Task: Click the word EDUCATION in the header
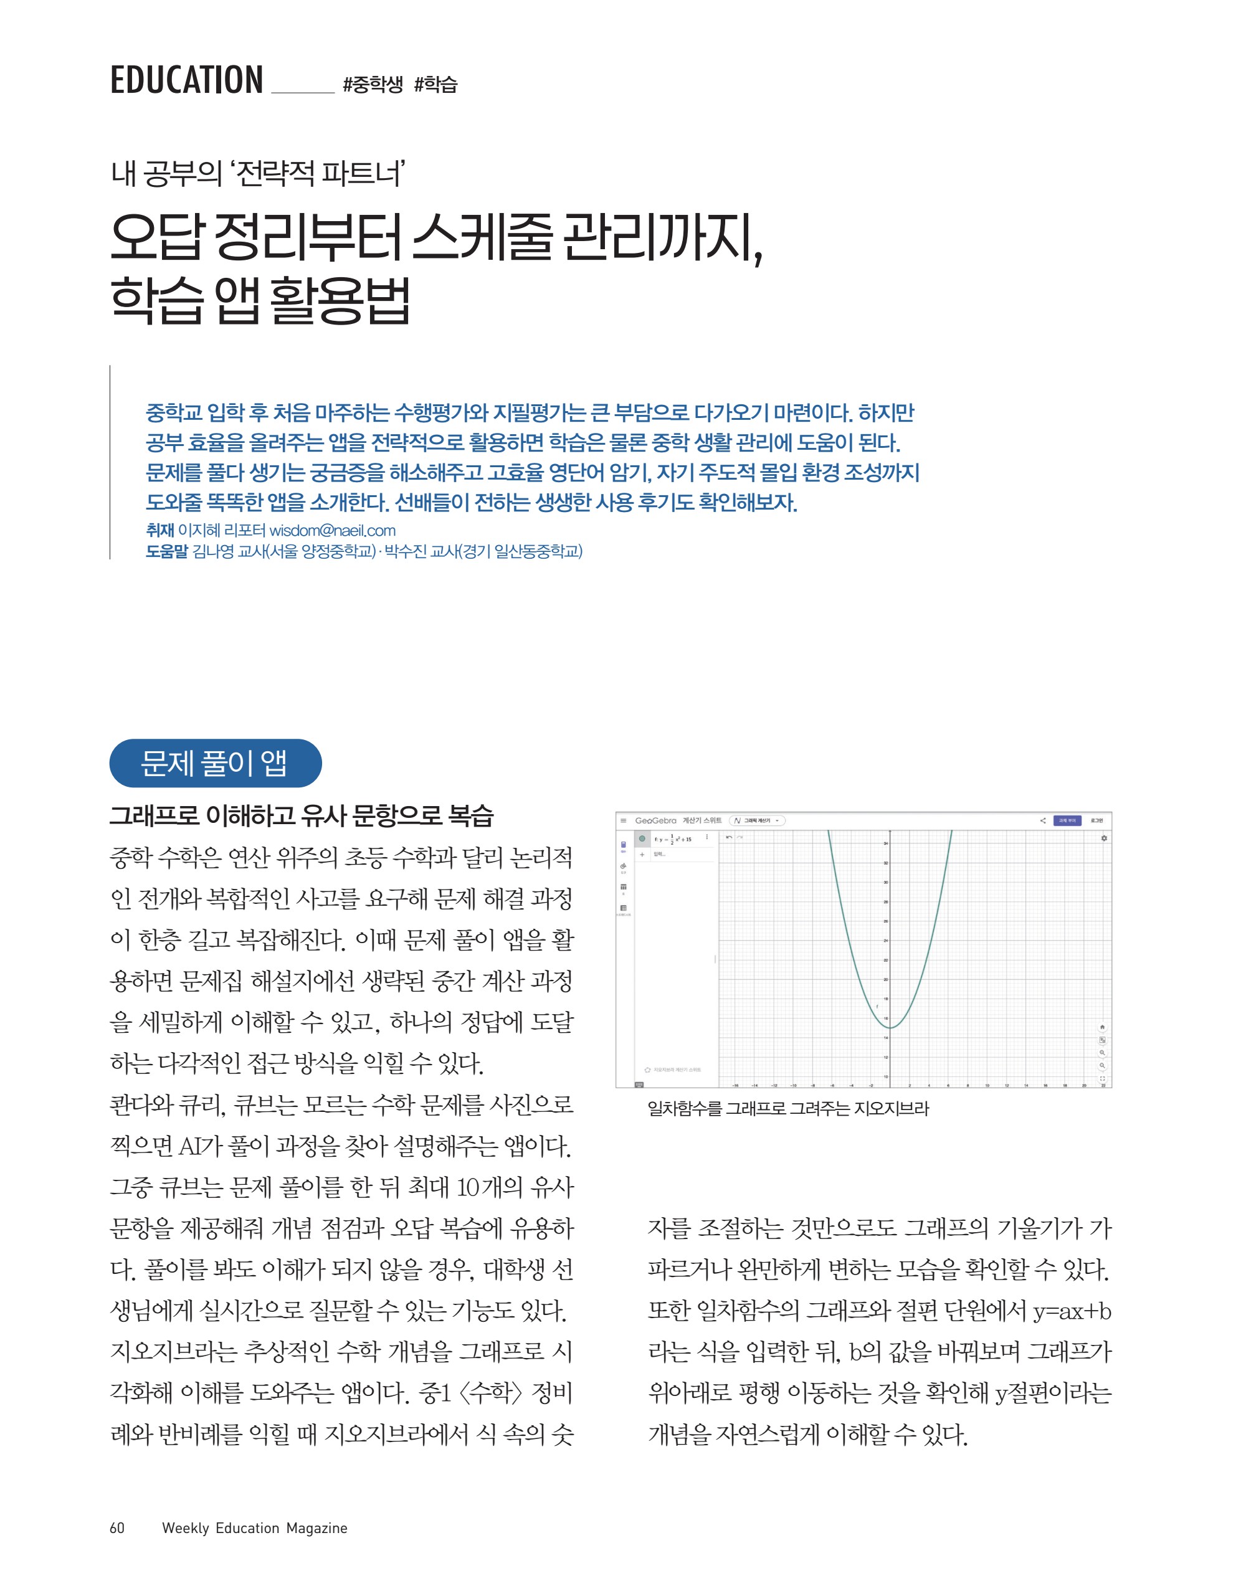(186, 80)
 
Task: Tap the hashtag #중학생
(372, 85)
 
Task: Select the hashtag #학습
(435, 85)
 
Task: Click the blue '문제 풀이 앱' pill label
(215, 763)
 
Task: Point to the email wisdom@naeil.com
(332, 530)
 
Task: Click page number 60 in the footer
(117, 1528)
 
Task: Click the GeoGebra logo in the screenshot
(655, 820)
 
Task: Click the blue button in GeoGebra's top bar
(1067, 820)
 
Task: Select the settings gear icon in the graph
(1104, 838)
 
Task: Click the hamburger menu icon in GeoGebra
(623, 820)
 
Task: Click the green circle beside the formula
(642, 838)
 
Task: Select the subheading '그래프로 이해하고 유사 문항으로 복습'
(302, 815)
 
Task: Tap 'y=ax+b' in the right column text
(1072, 1311)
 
